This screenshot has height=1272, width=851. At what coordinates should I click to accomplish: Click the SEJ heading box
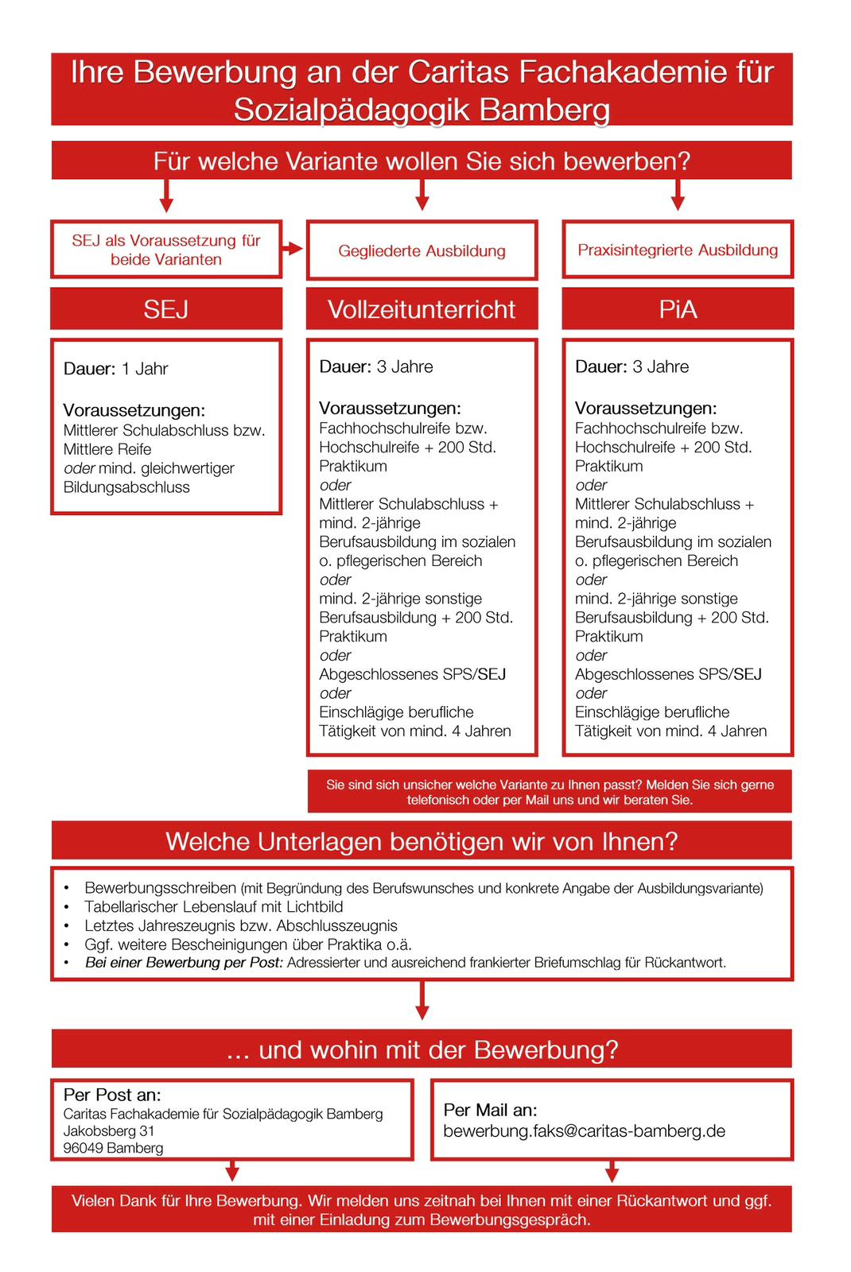(166, 308)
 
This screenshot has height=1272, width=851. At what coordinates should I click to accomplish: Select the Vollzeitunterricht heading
(422, 308)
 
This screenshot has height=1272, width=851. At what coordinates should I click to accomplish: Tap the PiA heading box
(678, 308)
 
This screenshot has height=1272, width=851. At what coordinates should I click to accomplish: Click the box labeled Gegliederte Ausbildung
(422, 250)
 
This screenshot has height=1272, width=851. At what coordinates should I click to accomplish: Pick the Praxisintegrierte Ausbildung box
(678, 250)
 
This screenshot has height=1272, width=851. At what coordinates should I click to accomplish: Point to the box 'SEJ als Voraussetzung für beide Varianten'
(166, 250)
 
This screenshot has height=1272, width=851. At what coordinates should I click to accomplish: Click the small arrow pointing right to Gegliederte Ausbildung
(293, 249)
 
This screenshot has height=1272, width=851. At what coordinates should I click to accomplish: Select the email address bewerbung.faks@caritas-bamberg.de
(584, 1130)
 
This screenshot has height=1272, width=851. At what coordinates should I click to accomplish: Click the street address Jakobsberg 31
(109, 1130)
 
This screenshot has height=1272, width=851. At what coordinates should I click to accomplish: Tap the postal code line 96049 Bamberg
(113, 1148)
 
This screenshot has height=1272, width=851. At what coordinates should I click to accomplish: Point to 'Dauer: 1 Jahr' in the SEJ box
(116, 369)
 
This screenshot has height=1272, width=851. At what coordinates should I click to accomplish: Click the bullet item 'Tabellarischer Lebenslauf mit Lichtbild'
(213, 906)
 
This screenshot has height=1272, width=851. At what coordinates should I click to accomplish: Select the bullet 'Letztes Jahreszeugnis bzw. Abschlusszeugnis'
(240, 925)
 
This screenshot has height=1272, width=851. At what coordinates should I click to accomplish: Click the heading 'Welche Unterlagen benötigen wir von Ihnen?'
(422, 841)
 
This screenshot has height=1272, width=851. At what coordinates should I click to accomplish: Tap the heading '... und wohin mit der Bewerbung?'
(422, 1049)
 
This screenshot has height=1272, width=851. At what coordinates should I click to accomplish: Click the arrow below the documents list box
(422, 1001)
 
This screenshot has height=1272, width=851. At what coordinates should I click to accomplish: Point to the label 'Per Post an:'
(112, 1095)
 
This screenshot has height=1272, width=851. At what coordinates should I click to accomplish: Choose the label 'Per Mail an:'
(490, 1110)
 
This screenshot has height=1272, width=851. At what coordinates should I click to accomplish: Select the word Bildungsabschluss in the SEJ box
(126, 487)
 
